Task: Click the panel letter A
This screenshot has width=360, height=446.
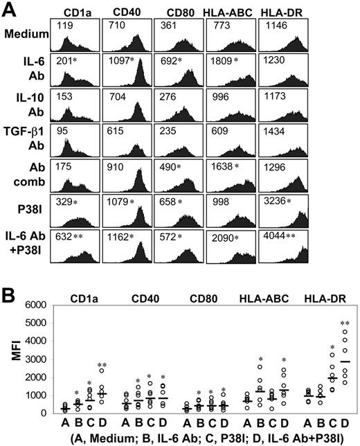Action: pyautogui.click(x=10, y=10)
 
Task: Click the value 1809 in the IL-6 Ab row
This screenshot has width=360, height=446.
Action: pyautogui.click(x=215, y=62)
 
